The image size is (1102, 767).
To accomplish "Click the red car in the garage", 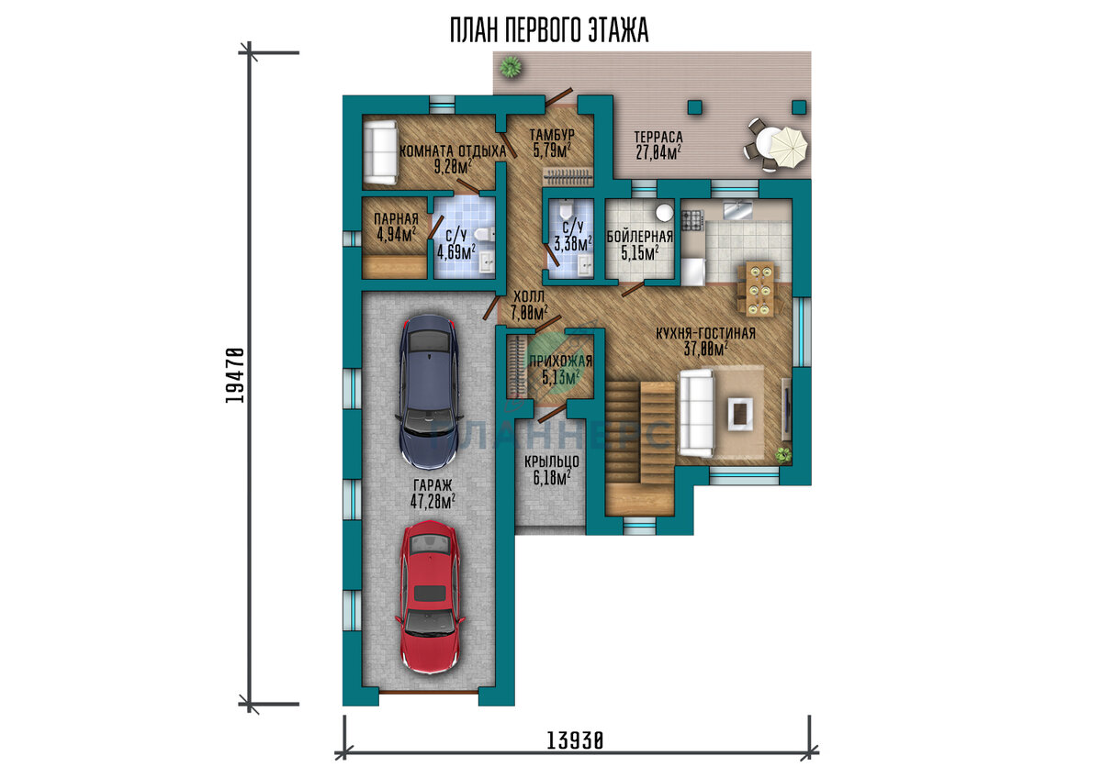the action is click(x=430, y=599).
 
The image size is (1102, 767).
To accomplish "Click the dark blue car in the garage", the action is click(x=430, y=391).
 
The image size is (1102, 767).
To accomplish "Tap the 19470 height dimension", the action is click(x=235, y=375).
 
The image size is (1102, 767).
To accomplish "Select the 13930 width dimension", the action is click(x=575, y=740).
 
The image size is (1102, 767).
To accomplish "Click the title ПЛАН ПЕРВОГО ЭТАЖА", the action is click(x=549, y=30).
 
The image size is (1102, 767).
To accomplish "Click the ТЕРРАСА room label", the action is click(x=658, y=137).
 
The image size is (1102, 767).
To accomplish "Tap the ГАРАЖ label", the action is click(x=433, y=485).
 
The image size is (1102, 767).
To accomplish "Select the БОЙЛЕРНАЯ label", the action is click(x=639, y=237).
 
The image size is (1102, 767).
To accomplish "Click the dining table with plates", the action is click(x=760, y=289).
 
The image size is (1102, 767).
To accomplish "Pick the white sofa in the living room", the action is click(x=696, y=414).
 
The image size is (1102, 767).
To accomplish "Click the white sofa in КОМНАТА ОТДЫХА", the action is click(x=380, y=152).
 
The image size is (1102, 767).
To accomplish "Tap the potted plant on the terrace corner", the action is click(x=510, y=66).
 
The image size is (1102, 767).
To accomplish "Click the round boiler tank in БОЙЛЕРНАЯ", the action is click(x=664, y=212).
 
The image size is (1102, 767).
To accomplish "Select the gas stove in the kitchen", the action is click(x=692, y=220).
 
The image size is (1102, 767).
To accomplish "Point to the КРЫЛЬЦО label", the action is click(x=552, y=461).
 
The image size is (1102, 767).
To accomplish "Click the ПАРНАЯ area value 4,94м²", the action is click(x=397, y=234).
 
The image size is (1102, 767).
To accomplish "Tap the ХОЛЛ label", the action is click(x=529, y=296).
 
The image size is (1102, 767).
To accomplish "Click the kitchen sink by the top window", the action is click(x=737, y=210).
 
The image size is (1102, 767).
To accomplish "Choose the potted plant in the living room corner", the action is click(x=783, y=454).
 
